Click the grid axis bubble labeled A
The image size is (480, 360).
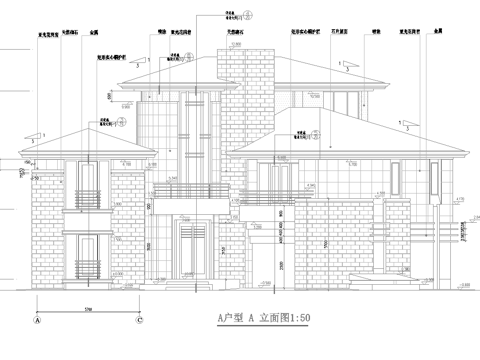(x=37, y=323)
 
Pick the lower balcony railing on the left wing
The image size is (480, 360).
(x=89, y=267)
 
